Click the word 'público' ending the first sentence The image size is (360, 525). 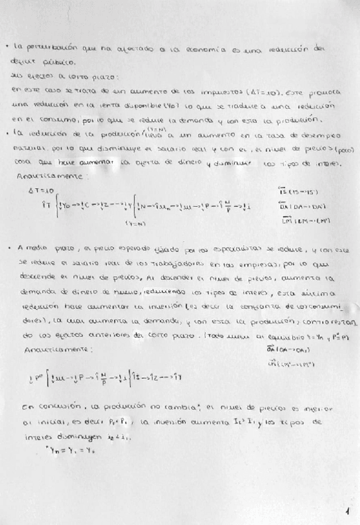(x=58, y=63)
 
